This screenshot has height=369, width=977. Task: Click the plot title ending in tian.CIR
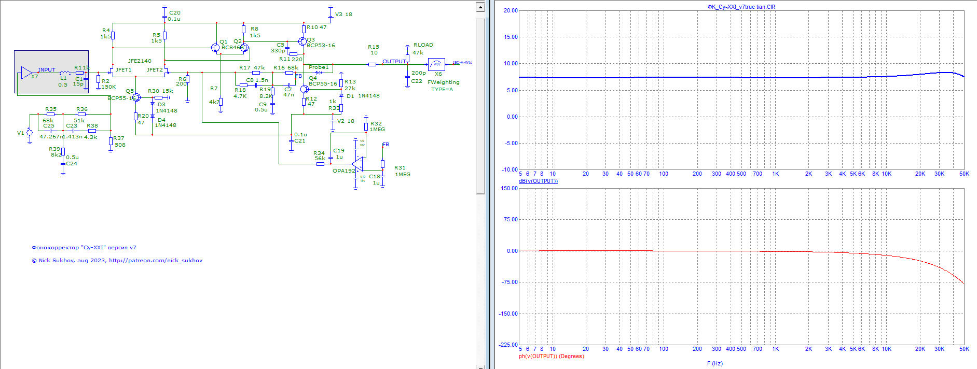(x=741, y=7)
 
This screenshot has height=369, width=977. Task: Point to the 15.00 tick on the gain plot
(x=511, y=37)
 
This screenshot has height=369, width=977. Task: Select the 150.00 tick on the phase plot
(x=510, y=188)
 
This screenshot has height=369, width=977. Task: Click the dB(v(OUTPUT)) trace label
(x=538, y=181)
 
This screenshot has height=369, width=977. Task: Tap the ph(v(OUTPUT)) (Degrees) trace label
(x=551, y=356)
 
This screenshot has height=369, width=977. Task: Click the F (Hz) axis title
(x=714, y=363)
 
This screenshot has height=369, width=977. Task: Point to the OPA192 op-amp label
(x=343, y=171)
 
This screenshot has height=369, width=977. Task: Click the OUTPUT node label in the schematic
(x=393, y=61)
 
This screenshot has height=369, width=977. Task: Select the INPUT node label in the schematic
(x=47, y=69)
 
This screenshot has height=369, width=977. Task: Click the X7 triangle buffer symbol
(x=26, y=73)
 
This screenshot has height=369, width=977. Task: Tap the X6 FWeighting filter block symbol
(x=436, y=64)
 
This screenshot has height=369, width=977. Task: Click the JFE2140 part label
(x=140, y=61)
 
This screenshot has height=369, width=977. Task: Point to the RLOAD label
(x=423, y=45)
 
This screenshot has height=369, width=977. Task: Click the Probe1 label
(x=319, y=67)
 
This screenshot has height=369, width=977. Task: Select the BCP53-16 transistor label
(x=321, y=45)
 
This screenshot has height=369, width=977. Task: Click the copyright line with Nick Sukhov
(x=117, y=260)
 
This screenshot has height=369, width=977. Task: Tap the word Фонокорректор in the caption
(x=55, y=247)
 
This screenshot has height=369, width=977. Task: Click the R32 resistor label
(x=376, y=124)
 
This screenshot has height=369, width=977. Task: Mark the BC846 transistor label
(x=231, y=47)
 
